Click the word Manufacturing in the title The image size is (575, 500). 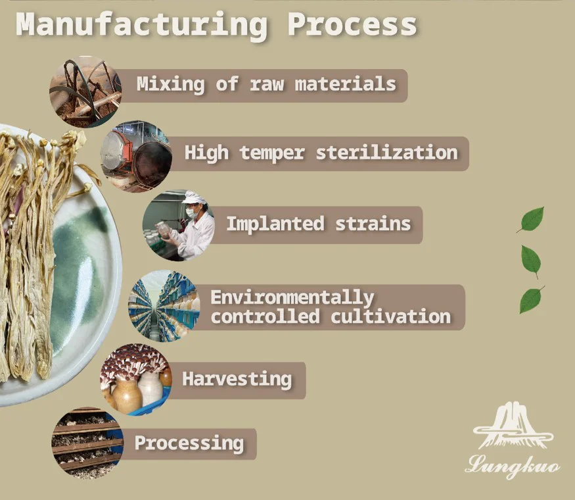pyautogui.click(x=141, y=25)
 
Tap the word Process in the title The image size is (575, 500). pyautogui.click(x=352, y=25)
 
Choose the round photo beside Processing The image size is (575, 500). pyautogui.click(x=87, y=442)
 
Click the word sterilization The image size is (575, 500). pyautogui.click(x=386, y=153)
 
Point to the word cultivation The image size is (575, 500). pyautogui.click(x=390, y=316)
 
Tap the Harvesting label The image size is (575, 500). pyautogui.click(x=237, y=379)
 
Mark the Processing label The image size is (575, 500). pyautogui.click(x=189, y=443)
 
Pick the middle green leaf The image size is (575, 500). pyautogui.click(x=530, y=260)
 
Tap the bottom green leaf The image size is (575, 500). pyautogui.click(x=530, y=301)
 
